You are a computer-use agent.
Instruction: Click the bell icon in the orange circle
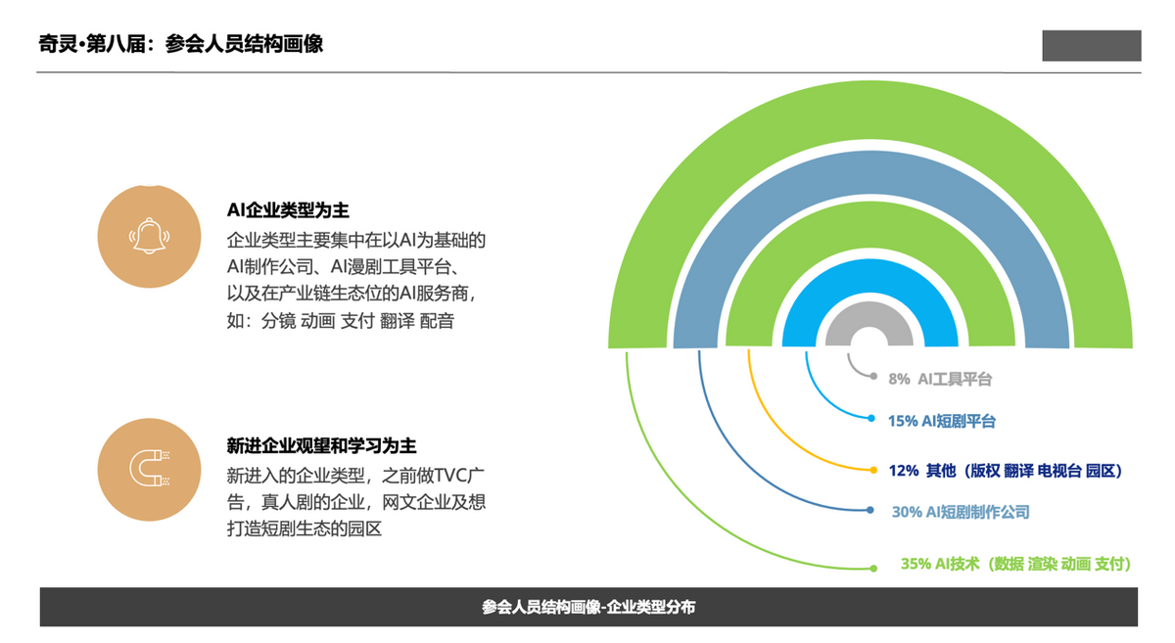pos(149,236)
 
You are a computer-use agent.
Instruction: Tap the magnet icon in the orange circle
pos(150,469)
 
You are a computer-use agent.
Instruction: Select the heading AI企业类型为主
pos(288,210)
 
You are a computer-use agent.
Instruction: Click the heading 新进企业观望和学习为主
pos(321,446)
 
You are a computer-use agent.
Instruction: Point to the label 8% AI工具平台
pos(940,379)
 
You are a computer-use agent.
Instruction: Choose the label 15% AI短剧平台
pos(942,421)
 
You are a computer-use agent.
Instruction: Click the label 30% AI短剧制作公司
pos(961,511)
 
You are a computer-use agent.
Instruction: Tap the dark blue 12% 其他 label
pos(1006,471)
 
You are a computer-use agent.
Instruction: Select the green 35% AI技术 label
pos(1016,564)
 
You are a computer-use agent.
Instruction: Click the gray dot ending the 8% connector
pos(873,376)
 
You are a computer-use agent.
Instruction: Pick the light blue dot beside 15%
pos(871,419)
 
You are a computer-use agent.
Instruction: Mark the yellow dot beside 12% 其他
pos(873,470)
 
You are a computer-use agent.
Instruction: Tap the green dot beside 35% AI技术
pos(873,569)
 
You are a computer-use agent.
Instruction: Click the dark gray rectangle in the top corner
pos(1092,46)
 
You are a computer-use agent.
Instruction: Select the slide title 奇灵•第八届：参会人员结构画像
pos(181,43)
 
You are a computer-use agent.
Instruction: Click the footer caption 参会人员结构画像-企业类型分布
pos(588,607)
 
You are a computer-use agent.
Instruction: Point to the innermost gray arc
pos(869,313)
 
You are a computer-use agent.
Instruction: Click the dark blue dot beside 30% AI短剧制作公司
pos(870,510)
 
